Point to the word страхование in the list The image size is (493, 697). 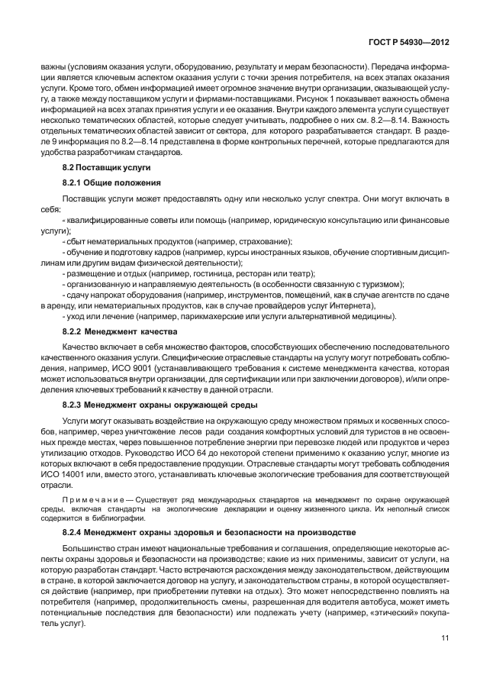coord(224,240)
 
